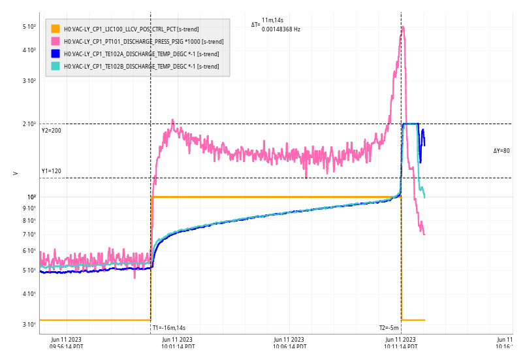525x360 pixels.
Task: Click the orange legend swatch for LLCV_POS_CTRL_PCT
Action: click(x=56, y=29)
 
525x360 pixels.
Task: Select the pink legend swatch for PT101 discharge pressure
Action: click(x=56, y=41)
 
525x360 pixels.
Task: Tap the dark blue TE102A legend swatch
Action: click(x=56, y=54)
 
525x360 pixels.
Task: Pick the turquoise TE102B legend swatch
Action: click(x=56, y=66)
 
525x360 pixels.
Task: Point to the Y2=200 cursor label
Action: click(x=51, y=131)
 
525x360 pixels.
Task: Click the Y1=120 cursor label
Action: click(x=51, y=171)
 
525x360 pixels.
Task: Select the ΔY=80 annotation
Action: click(x=501, y=151)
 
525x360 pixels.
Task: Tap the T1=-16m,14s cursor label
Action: click(x=169, y=328)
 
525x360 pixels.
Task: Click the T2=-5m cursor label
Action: click(x=389, y=328)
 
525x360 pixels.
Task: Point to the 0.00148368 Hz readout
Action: click(x=281, y=29)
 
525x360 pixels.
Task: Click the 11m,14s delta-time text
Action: click(x=272, y=21)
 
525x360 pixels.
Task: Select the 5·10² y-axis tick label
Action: click(x=29, y=27)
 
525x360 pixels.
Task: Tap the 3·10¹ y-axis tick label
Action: click(x=29, y=325)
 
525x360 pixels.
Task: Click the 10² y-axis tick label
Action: click(x=31, y=197)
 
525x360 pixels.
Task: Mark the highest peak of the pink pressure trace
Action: click(x=403, y=27)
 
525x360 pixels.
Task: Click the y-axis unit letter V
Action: click(x=15, y=173)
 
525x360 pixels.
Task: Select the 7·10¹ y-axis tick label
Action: click(x=29, y=235)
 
